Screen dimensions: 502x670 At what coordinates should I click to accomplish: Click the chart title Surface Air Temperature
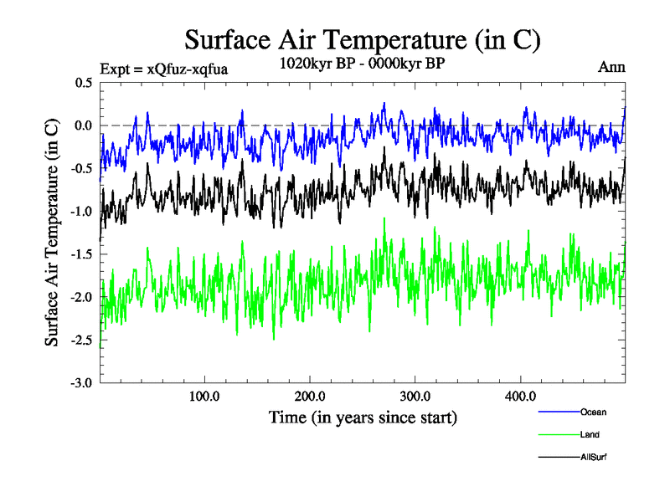[362, 40]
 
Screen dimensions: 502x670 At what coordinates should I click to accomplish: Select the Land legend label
[590, 434]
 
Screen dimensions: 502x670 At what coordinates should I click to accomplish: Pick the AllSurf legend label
[593, 458]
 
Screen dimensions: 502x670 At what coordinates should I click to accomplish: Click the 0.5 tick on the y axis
[84, 83]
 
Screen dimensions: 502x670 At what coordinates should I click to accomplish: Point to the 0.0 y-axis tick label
[84, 125]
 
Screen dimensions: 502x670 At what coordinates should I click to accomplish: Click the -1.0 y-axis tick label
[82, 212]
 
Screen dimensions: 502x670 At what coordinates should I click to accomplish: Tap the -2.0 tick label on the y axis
[82, 297]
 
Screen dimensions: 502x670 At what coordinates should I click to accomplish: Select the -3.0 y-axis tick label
[82, 383]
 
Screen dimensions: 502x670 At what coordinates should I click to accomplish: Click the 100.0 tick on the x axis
[205, 396]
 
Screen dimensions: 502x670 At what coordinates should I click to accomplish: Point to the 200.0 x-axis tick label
[310, 396]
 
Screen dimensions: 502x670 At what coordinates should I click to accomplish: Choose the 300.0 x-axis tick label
[415, 396]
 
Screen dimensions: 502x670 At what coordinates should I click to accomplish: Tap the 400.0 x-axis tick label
[521, 396]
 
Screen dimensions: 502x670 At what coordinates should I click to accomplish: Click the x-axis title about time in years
[363, 417]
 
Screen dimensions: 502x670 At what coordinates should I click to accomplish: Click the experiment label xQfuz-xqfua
[163, 69]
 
